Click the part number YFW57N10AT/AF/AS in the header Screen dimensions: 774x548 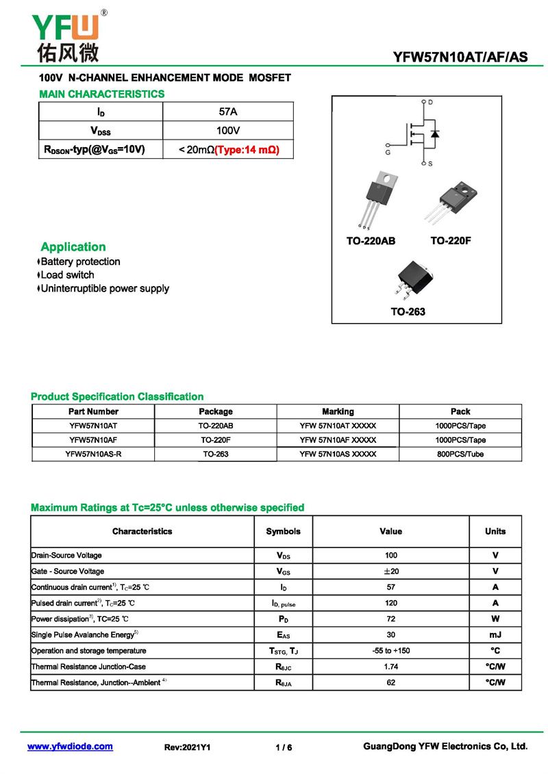click(460, 57)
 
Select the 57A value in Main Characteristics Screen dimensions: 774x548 click(227, 112)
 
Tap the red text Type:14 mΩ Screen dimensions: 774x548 click(247, 149)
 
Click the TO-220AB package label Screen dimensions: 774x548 click(371, 241)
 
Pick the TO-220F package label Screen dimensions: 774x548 click(451, 241)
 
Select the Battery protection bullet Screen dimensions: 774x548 click(80, 261)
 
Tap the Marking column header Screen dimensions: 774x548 click(338, 411)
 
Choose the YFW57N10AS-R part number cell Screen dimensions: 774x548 click(93, 454)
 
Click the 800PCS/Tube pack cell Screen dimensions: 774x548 click(460, 454)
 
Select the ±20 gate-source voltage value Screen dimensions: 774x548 click(390, 571)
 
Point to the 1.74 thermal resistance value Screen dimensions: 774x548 click(390, 667)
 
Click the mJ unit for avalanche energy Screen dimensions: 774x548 click(495, 635)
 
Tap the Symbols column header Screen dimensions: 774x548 click(283, 531)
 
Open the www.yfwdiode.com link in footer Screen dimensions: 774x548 click(70, 747)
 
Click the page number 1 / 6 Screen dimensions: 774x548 click(284, 747)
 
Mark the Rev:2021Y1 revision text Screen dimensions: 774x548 click(188, 747)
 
